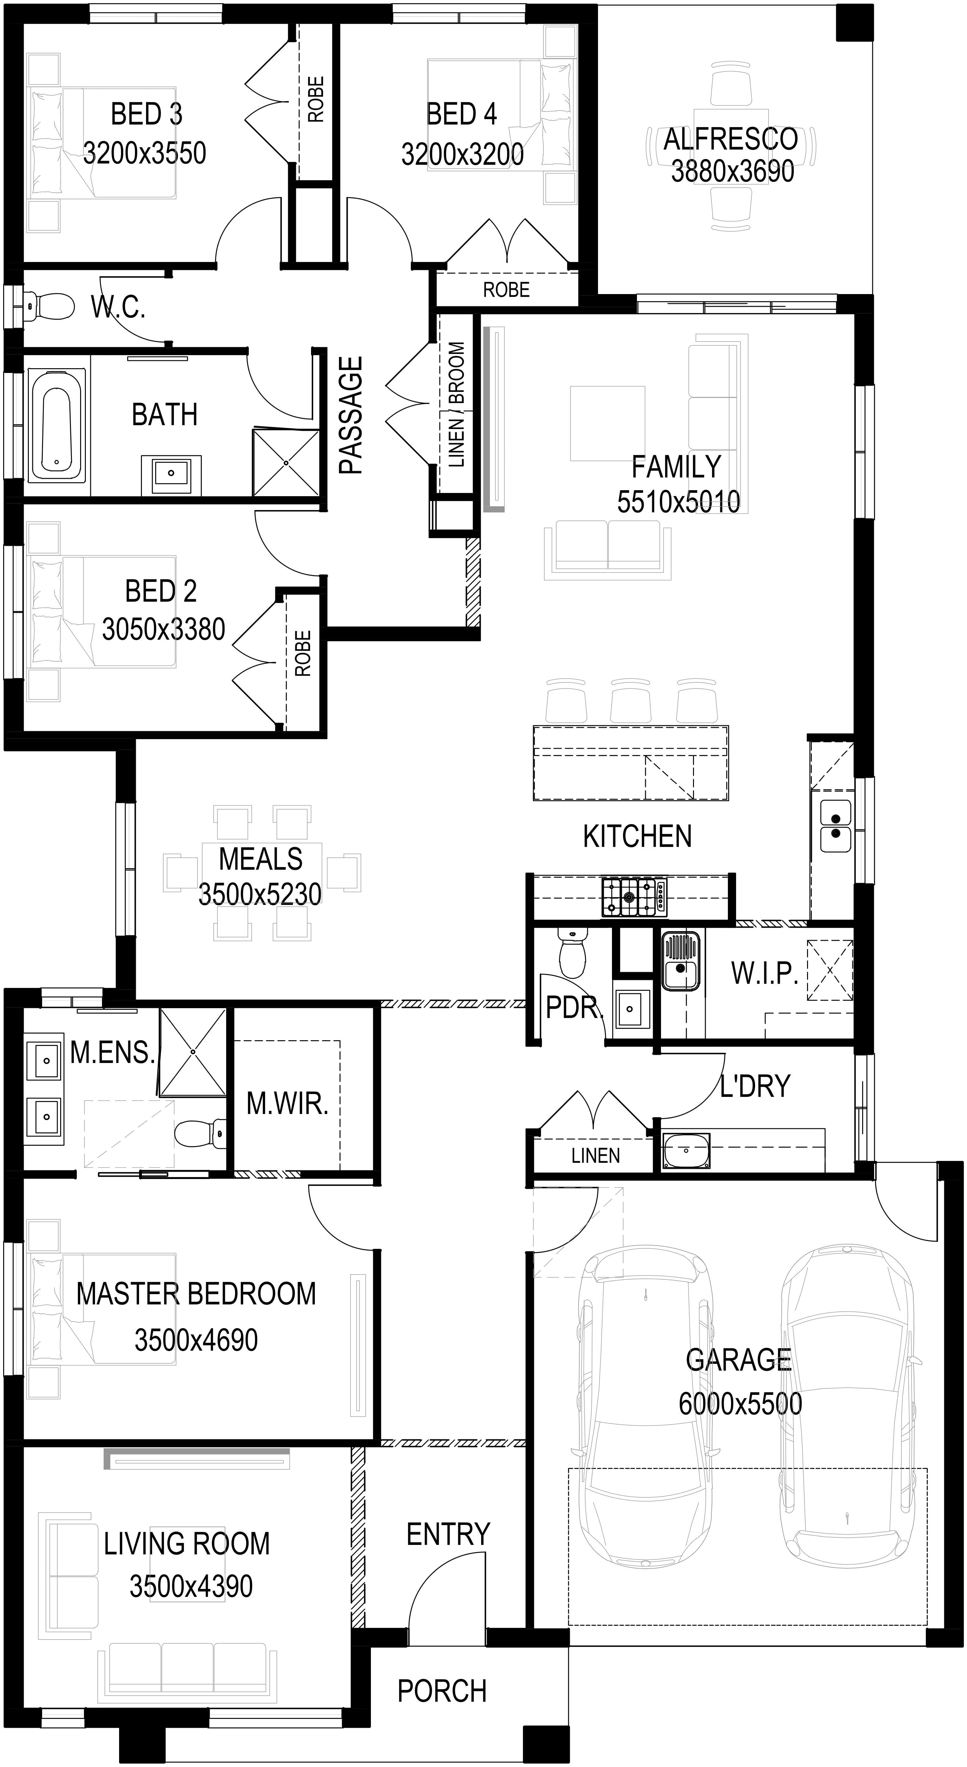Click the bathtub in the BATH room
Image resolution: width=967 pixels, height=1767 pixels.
[58, 425]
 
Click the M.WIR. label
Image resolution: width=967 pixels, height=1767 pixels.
[287, 1103]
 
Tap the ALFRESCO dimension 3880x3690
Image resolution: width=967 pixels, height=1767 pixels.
[732, 171]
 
